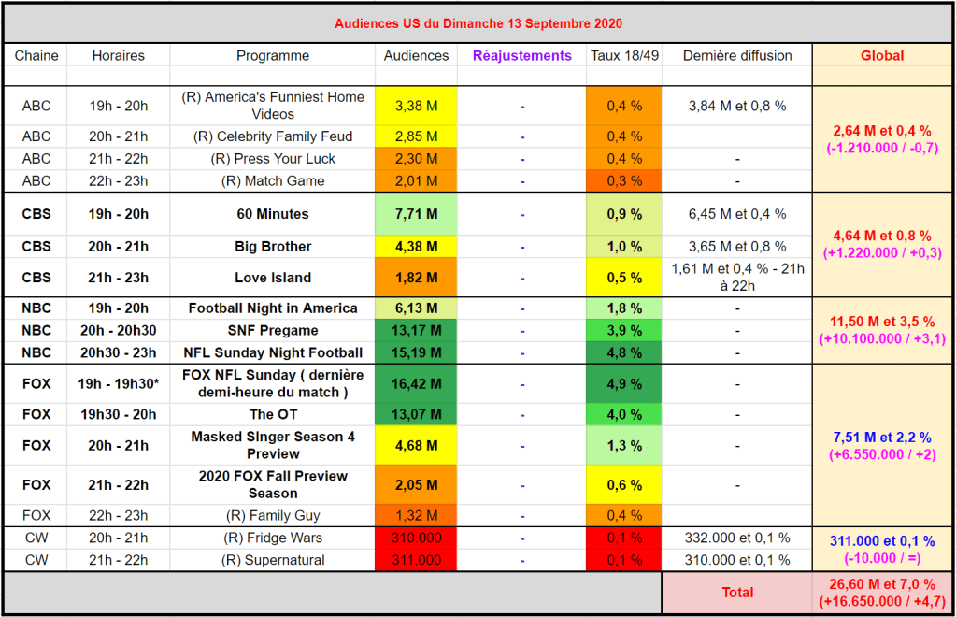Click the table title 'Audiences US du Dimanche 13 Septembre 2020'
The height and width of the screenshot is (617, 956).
[x=478, y=23]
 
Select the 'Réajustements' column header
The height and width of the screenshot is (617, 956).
[x=521, y=56]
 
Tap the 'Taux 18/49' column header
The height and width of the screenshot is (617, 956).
[x=624, y=56]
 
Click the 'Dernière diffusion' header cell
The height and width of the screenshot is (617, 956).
[x=737, y=56]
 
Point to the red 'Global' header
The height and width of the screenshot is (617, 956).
[x=881, y=56]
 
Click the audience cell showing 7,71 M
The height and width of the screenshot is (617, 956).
[x=416, y=214]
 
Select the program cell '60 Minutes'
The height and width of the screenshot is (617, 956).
[x=273, y=214]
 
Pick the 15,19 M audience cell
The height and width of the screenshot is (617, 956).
[x=416, y=352]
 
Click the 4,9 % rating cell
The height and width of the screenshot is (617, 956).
[x=624, y=383]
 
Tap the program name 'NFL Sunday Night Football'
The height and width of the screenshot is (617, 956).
[x=273, y=352]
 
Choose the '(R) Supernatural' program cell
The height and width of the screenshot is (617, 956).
[x=273, y=560]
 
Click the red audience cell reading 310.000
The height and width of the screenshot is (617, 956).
[x=416, y=538]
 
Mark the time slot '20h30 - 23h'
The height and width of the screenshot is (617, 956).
[x=119, y=352]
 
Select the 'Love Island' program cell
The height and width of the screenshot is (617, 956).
[x=273, y=278]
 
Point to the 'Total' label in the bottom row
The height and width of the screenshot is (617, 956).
[x=737, y=592]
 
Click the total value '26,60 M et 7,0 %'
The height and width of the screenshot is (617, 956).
[x=881, y=583]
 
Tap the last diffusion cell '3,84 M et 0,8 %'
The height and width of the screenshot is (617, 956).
[x=737, y=106]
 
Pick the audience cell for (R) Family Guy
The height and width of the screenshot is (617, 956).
[x=416, y=515]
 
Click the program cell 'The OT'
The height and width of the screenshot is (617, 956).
[x=273, y=414]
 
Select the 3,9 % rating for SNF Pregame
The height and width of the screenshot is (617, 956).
[x=624, y=330]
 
